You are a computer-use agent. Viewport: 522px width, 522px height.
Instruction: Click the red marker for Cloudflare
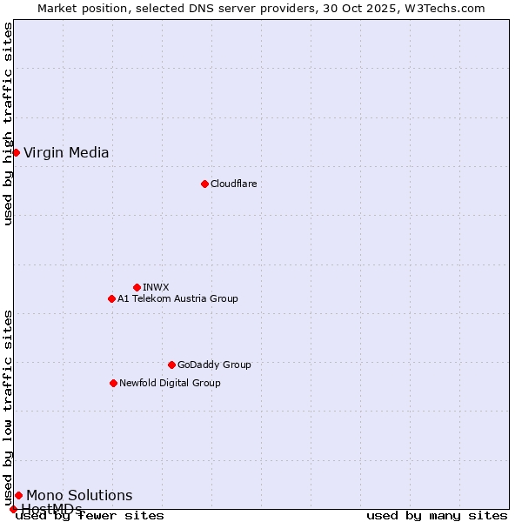click(x=204, y=184)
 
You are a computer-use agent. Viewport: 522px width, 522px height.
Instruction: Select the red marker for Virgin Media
click(x=16, y=152)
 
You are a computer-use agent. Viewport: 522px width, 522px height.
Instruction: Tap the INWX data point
click(x=137, y=287)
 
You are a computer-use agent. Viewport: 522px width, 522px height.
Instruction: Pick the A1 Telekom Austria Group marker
click(x=111, y=298)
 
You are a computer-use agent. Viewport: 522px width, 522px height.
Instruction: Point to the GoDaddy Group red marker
click(x=171, y=365)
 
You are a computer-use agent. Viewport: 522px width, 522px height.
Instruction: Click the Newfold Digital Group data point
click(x=113, y=383)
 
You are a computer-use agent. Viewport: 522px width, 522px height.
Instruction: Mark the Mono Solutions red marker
click(x=18, y=495)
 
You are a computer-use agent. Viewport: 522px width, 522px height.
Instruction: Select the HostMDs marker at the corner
click(x=13, y=509)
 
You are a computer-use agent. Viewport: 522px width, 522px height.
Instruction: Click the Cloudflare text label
click(x=233, y=184)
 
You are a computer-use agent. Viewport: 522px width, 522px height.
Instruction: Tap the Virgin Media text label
click(x=66, y=153)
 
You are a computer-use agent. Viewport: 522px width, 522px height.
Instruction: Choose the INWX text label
click(x=156, y=287)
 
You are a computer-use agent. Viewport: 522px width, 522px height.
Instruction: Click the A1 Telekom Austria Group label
click(x=177, y=298)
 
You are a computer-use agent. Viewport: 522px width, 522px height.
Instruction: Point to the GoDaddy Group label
click(x=214, y=365)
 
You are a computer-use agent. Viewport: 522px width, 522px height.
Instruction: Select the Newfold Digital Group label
click(x=170, y=383)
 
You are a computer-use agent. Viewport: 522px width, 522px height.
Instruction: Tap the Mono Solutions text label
click(x=79, y=496)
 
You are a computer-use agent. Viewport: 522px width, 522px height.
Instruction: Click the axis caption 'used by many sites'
click(x=437, y=516)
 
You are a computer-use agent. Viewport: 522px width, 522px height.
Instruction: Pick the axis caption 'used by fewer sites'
click(x=90, y=516)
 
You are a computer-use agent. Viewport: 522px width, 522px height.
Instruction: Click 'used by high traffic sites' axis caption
click(x=8, y=124)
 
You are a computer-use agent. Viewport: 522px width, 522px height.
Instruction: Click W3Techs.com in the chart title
click(x=442, y=8)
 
